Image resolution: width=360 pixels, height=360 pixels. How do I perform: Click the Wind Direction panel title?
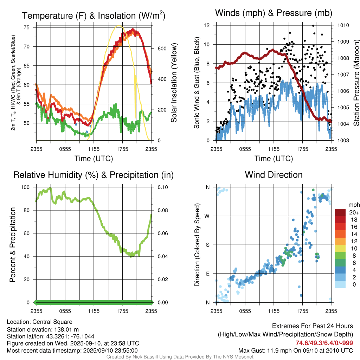coord(274,175)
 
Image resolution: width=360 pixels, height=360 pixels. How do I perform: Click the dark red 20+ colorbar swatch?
coord(341,212)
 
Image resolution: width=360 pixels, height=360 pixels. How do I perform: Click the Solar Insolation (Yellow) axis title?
coord(174,83)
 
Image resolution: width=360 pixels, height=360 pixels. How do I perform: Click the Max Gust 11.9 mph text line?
coord(296,351)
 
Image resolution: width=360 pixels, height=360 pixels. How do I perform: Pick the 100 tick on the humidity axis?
coord(26,187)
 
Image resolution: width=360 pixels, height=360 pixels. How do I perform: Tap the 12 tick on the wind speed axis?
coord(207,25)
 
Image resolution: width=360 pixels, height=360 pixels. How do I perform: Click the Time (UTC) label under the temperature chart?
coord(94,159)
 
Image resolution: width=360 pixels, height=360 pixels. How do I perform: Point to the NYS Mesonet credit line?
coord(180,357)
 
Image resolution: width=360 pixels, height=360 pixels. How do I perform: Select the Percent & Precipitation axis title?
coord(13,245)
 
